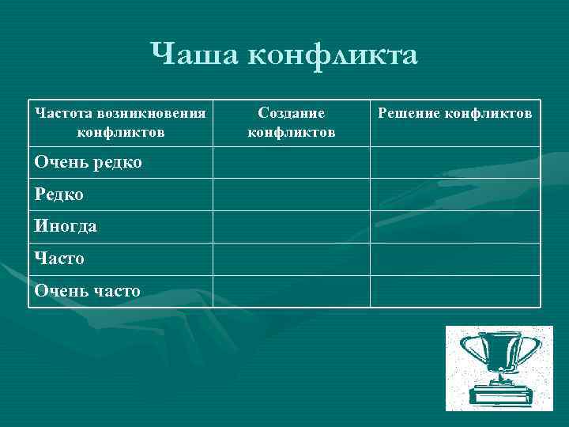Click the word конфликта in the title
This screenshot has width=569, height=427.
332,55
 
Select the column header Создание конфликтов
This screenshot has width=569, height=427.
292,123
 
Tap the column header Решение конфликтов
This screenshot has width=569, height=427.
455,114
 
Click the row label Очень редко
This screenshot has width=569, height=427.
88,162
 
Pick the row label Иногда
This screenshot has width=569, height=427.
66,226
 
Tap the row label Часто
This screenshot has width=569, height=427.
60,259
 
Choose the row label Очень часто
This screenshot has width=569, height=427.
88,290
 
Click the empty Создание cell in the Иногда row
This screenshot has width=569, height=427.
292,227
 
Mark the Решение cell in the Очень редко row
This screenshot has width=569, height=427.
455,163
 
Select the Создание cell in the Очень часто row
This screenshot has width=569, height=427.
292,291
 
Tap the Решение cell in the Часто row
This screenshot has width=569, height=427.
455,259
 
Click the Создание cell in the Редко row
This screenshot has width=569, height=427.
292,195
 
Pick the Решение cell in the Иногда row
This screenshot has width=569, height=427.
455,227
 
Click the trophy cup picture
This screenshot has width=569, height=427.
499,368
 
